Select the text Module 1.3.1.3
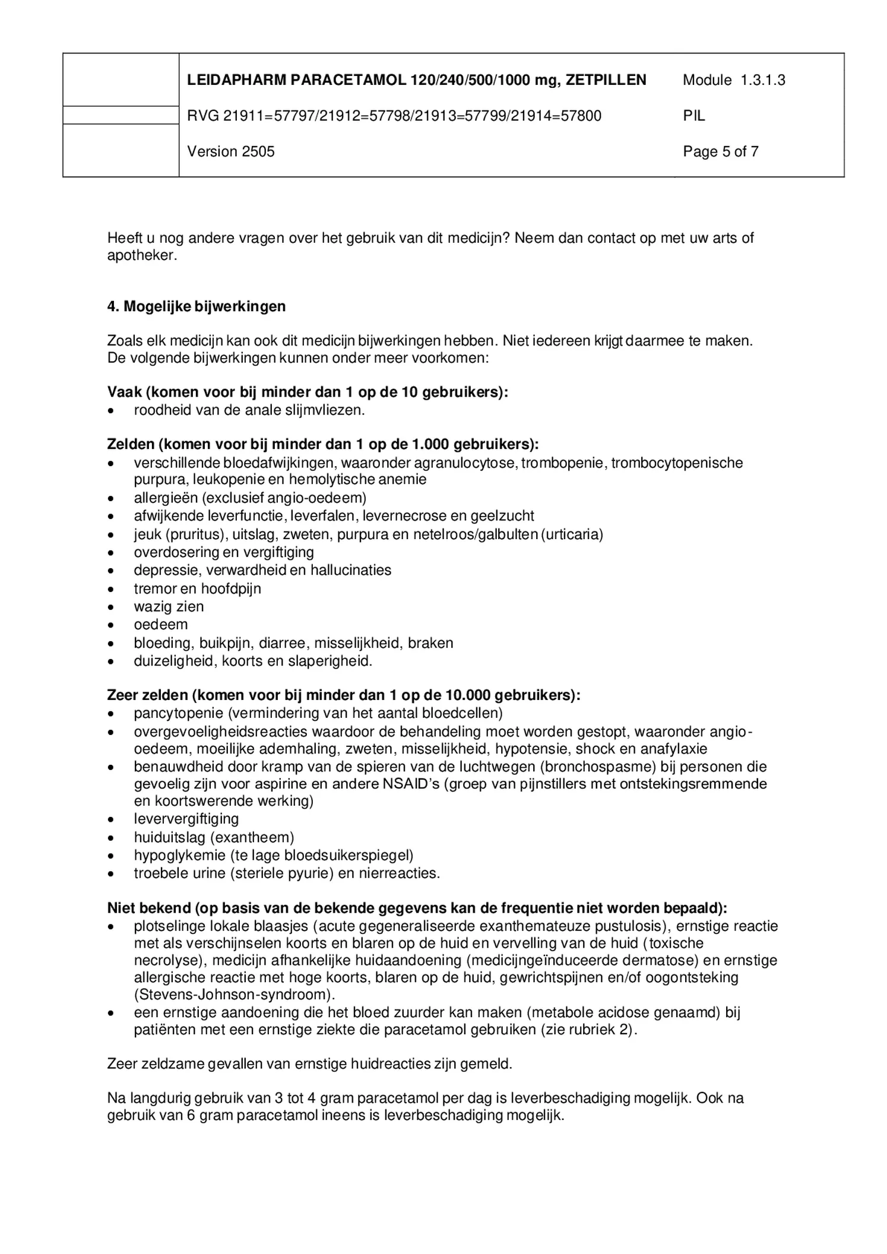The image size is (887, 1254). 733,80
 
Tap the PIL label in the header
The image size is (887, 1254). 693,116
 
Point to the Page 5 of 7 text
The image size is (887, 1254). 720,152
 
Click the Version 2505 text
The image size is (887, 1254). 230,152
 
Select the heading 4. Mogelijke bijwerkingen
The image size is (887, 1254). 196,306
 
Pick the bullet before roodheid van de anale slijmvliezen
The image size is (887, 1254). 111,411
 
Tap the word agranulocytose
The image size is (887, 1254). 467,463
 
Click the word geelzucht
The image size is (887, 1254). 503,516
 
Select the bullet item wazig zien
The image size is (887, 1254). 169,607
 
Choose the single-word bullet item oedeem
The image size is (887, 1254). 160,625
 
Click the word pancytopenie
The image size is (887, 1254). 179,713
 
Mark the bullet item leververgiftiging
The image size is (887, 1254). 186,819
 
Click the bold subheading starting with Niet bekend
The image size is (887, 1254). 417,908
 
